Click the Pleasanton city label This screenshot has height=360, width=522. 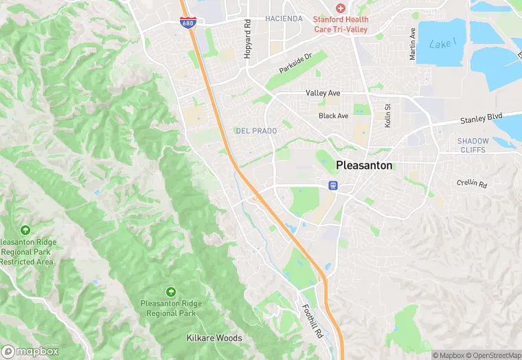coord(365,166)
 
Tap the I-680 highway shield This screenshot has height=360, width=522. coord(187,22)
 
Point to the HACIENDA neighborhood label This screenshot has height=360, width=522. coord(284,19)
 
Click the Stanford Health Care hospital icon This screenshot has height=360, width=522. coord(339,8)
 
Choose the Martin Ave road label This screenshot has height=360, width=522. coord(413,44)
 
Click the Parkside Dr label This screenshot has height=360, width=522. coord(295,64)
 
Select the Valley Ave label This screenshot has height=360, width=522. coord(323,93)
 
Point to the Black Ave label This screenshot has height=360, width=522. coord(333,115)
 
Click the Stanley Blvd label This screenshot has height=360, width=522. coord(481,117)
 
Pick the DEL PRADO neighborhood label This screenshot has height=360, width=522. coord(256,131)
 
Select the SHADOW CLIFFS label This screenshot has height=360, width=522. coord(473,145)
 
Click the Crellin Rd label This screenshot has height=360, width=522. coord(472,184)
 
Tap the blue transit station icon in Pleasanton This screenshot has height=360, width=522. coord(333,185)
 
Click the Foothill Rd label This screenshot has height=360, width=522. coord(308,322)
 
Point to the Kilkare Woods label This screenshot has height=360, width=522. coord(214,338)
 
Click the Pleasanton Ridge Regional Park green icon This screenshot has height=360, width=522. coord(171,293)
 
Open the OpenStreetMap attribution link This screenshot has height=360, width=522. coord(489,355)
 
